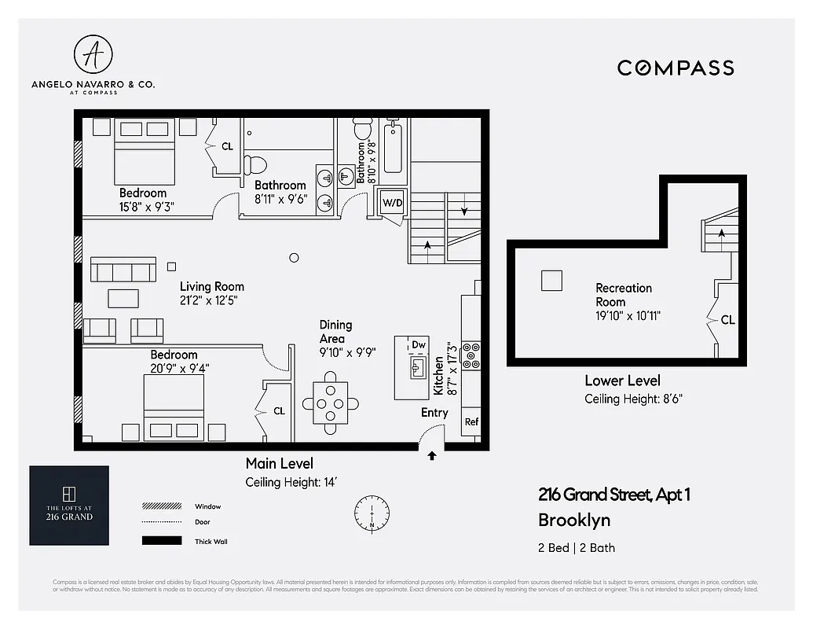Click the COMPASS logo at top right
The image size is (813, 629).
pyautogui.click(x=675, y=68)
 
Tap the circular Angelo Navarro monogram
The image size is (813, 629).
pyautogui.click(x=92, y=53)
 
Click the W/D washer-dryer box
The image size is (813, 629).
pyautogui.click(x=392, y=202)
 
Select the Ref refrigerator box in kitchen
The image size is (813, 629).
pyautogui.click(x=471, y=422)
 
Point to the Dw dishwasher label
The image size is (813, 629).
pyautogui.click(x=419, y=345)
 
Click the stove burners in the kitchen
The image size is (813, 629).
pyautogui.click(x=473, y=355)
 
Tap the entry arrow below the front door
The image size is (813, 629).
pyautogui.click(x=431, y=455)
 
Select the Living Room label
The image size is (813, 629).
pyautogui.click(x=211, y=286)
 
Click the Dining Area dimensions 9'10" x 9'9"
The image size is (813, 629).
pyautogui.click(x=347, y=353)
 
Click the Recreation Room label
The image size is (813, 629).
pyautogui.click(x=623, y=295)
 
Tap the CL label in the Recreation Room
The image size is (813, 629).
pyautogui.click(x=727, y=320)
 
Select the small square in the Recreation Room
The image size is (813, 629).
pyautogui.click(x=551, y=281)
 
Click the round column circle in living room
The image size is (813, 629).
pyautogui.click(x=294, y=257)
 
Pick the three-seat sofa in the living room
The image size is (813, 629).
pyautogui.click(x=123, y=270)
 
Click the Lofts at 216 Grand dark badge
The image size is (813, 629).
pyautogui.click(x=69, y=506)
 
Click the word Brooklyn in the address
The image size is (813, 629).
pyautogui.click(x=573, y=520)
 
